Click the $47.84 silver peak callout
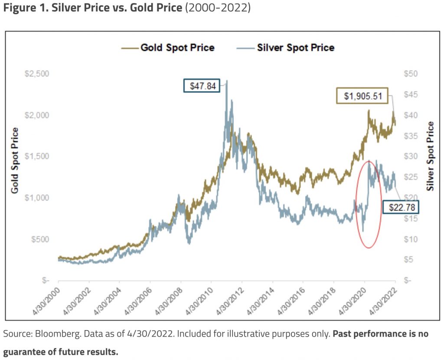pos(202,85)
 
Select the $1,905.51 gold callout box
pos(363,96)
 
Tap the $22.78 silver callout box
pos(401,208)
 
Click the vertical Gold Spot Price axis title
pos(15,160)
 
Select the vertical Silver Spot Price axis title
pos(430,156)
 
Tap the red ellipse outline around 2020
pos(382,204)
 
